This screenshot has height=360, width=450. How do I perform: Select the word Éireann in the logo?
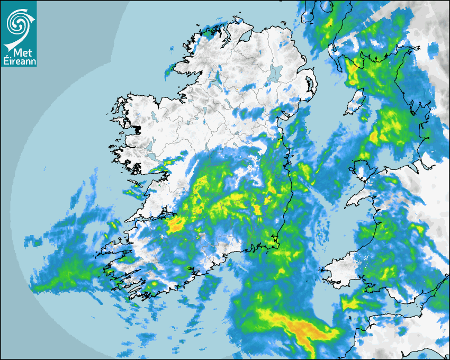click(x=18, y=61)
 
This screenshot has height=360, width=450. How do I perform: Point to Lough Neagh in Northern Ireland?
click(x=276, y=73)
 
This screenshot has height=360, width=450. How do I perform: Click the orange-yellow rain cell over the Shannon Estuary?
click(x=175, y=226)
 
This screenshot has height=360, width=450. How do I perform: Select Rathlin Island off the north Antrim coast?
click(x=286, y=23)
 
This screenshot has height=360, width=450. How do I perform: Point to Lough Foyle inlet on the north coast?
click(x=245, y=35)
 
